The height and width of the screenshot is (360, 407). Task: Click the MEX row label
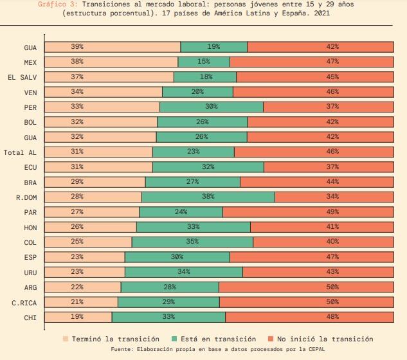(x=30, y=62)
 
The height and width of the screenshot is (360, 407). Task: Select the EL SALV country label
(x=23, y=77)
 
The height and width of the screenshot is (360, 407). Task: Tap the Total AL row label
(x=20, y=152)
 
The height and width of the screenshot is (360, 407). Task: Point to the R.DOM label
(x=26, y=197)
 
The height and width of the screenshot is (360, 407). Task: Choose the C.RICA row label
(x=24, y=302)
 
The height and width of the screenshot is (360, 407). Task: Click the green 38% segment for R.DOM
(x=208, y=197)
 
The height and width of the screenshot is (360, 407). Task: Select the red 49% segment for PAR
(x=308, y=212)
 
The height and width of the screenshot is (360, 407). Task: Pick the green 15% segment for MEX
(x=204, y=62)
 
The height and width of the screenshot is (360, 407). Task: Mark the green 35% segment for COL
(x=192, y=242)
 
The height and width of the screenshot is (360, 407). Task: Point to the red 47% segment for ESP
(x=311, y=257)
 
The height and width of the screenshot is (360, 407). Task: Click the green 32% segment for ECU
(x=208, y=167)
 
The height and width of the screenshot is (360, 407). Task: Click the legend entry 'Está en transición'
(x=213, y=339)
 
